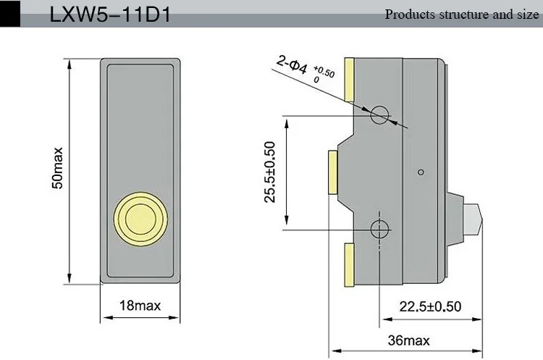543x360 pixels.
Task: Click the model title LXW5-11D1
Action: point(110,15)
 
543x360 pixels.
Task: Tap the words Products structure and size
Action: point(462,14)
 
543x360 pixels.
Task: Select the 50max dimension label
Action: point(57,168)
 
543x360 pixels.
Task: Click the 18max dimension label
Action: point(140,306)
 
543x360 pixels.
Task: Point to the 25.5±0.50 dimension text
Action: point(269,172)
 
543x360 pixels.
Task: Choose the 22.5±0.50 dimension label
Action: point(430,306)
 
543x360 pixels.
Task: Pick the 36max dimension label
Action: point(408,340)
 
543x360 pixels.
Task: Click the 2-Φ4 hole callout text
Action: point(292,64)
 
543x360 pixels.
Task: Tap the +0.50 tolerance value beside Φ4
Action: point(324,72)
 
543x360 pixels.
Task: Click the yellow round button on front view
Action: point(140,219)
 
